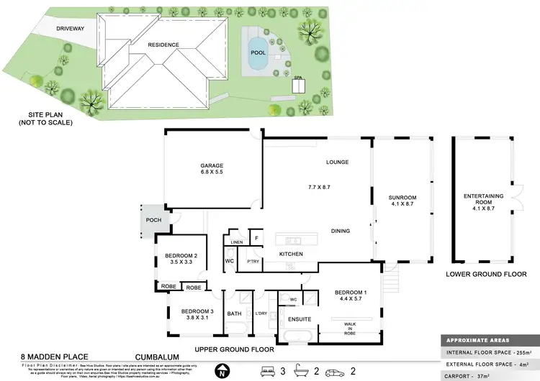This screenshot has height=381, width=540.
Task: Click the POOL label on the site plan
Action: point(256,53)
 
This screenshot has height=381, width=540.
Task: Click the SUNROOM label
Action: point(402,197)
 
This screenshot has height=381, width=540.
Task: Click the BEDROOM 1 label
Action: point(351,292)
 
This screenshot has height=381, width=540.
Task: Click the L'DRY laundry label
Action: point(261,313)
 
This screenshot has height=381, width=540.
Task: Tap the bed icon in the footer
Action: point(267,372)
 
